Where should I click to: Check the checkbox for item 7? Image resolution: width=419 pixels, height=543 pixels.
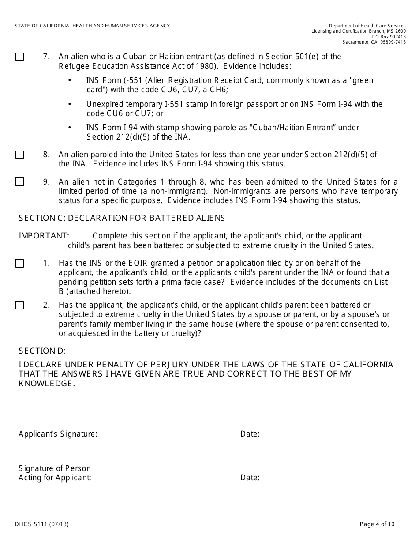[x=20, y=57]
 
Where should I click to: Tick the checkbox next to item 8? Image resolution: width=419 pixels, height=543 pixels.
[x=20, y=155]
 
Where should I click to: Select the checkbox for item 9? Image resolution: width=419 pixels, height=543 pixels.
[x=20, y=182]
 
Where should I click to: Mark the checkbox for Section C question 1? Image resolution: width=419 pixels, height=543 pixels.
[x=20, y=264]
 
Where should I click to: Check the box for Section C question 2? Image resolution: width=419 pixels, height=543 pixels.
[x=20, y=305]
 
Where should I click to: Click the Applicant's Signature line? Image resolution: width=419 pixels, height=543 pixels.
[x=162, y=435]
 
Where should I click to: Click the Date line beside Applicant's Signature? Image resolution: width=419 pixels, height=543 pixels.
[x=311, y=435]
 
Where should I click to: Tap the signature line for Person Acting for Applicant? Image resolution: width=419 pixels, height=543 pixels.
[x=159, y=479]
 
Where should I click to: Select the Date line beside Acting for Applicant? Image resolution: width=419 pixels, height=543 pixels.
[x=311, y=479]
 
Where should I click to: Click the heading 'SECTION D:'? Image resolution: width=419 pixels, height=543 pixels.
[x=42, y=351]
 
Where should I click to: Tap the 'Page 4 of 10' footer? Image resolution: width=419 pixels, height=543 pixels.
[x=377, y=524]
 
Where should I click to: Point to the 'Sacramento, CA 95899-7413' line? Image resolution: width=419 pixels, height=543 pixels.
[x=374, y=42]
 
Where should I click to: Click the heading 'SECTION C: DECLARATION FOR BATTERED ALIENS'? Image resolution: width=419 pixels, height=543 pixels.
[x=122, y=218]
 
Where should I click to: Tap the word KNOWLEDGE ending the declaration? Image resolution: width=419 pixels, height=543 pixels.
[x=45, y=384]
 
